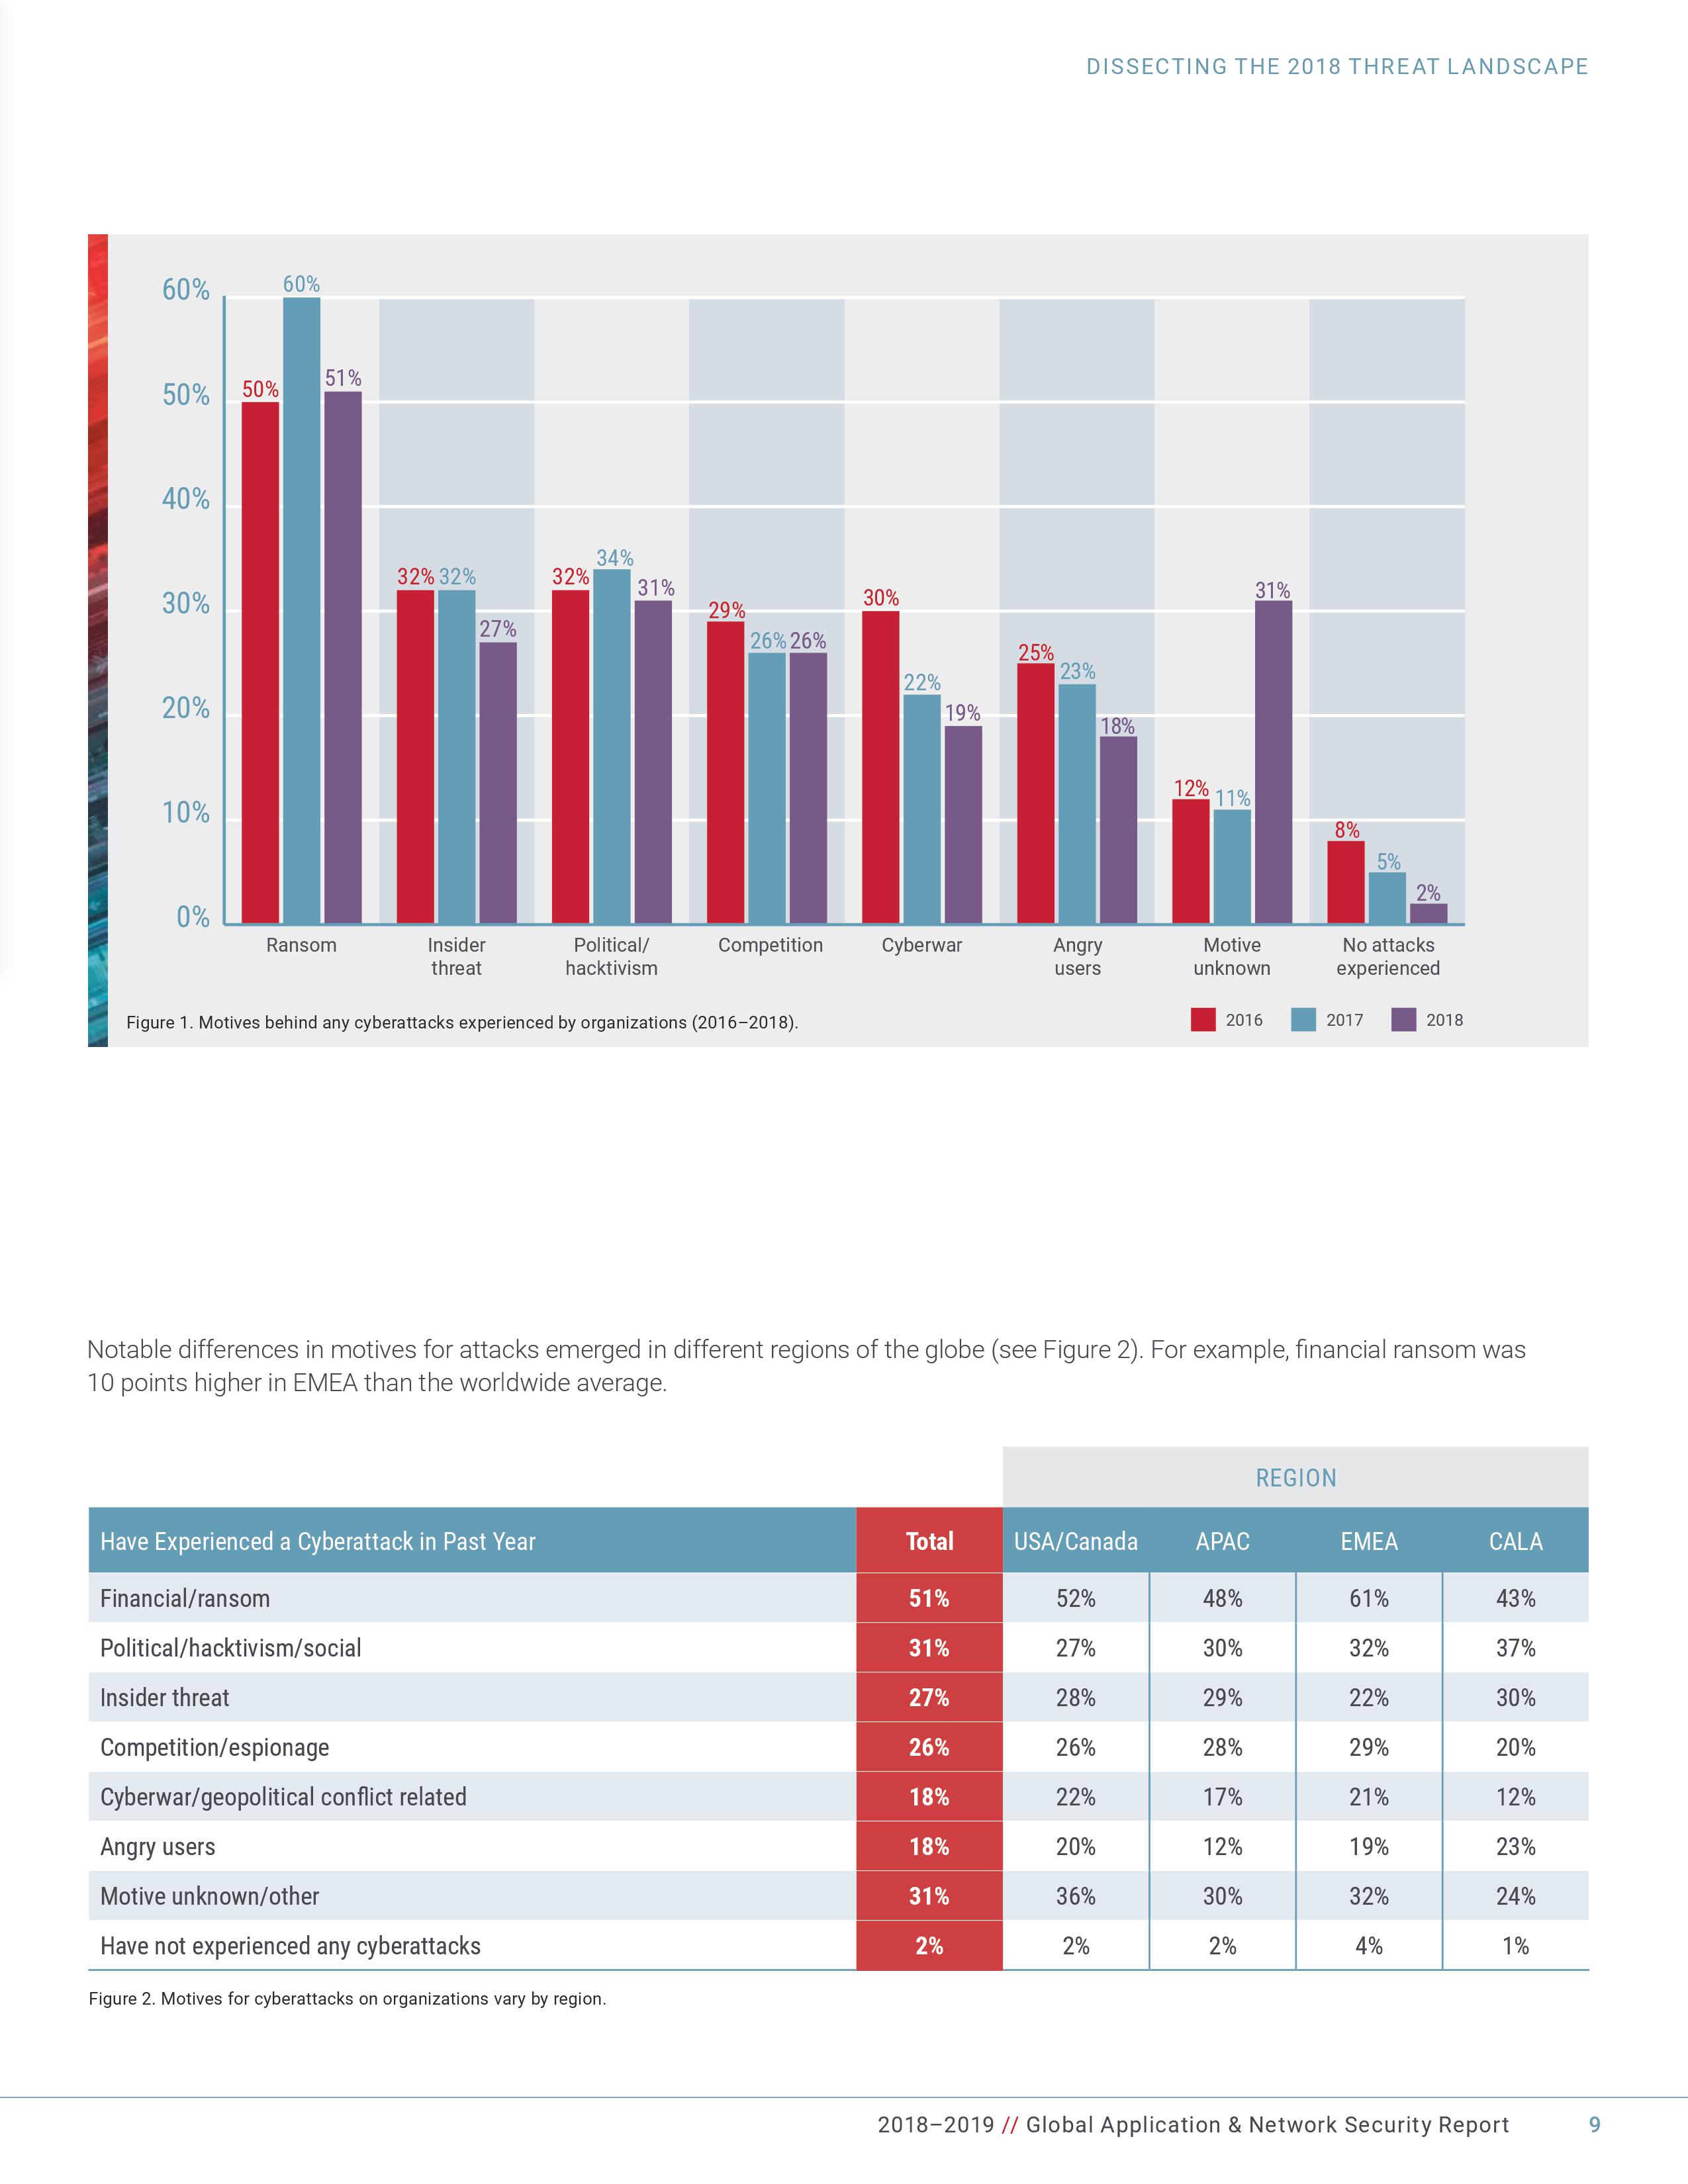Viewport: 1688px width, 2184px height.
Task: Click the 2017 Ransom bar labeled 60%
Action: pos(301,610)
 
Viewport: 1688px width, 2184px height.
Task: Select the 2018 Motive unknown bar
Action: pos(1273,761)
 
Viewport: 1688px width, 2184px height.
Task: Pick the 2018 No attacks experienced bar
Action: pos(1428,913)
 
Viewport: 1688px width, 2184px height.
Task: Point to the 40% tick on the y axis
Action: pos(186,499)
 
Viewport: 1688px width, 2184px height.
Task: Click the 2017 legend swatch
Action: pos(1303,1020)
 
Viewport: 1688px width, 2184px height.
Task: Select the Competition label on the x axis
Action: pos(770,945)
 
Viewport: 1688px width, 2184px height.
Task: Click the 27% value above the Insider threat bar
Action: pos(498,629)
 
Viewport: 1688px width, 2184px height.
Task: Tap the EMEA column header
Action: pos(1369,1541)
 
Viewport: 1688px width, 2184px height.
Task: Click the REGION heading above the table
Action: pos(1295,1478)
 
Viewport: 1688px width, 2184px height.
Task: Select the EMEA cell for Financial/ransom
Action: pos(1369,1598)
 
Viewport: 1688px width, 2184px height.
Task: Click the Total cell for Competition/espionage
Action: pos(929,1747)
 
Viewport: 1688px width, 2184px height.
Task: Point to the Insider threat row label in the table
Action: pos(165,1697)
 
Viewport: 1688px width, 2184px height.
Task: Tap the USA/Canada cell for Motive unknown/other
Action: pos(1076,1896)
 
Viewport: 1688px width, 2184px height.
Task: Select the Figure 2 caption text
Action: pos(347,1999)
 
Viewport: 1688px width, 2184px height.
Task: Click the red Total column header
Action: pos(929,1541)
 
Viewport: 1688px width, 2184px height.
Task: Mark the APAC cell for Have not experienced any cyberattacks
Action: pos(1222,1946)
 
